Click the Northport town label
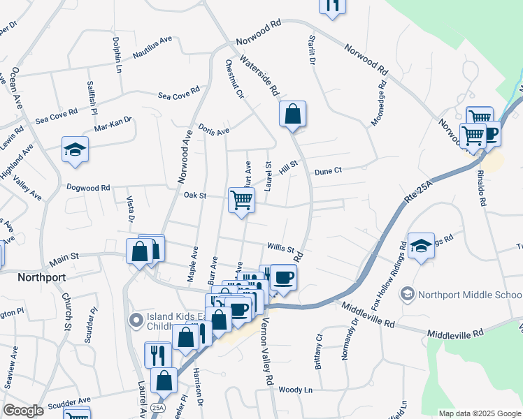[x=41, y=277]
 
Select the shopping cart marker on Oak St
[x=241, y=200]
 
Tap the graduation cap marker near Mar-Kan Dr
[x=75, y=149]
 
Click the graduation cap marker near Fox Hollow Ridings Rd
[x=421, y=246]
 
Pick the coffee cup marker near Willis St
[x=283, y=277]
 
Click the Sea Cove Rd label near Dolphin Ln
[x=179, y=96]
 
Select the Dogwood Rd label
[x=88, y=187]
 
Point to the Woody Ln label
[x=294, y=390]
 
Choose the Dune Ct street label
[x=328, y=170]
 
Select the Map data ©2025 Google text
[x=479, y=413]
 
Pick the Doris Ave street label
[x=214, y=131]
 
